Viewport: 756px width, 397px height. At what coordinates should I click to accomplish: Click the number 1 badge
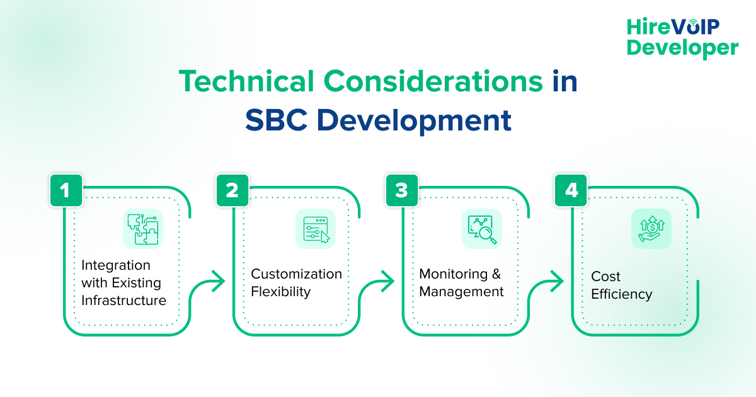click(x=66, y=190)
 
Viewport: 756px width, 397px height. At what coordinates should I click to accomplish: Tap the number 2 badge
click(x=232, y=190)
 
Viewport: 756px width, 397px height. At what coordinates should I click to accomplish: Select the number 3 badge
click(x=402, y=190)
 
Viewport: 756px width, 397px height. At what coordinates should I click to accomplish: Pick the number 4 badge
click(x=571, y=190)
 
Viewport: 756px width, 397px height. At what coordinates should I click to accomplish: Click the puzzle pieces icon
click(x=143, y=229)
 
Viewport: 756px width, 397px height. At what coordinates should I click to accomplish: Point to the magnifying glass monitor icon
click(x=482, y=229)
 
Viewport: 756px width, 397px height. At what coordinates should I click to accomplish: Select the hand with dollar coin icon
click(x=651, y=229)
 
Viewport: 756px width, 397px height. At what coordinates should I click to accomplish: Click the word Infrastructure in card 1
click(x=123, y=301)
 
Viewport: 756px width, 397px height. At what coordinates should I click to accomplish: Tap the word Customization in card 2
click(x=296, y=274)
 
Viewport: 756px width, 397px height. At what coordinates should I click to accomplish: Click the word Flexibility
click(x=281, y=292)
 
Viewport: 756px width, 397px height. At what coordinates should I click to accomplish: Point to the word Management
click(x=461, y=292)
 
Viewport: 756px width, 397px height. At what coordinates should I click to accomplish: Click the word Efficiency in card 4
click(x=621, y=294)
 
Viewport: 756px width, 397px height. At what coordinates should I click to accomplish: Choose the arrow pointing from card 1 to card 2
click(x=216, y=281)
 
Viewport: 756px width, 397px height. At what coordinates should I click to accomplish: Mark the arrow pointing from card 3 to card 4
click(x=555, y=281)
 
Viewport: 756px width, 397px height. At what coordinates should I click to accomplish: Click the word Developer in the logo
click(x=683, y=47)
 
